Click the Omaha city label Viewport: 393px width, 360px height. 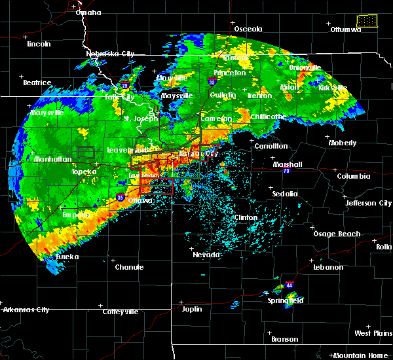(88, 12)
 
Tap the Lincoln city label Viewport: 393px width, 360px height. (39, 44)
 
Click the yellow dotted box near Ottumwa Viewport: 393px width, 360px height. (367, 21)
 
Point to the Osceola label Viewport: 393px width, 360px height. (248, 29)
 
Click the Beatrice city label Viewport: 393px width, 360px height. (37, 82)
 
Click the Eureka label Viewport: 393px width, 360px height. (66, 257)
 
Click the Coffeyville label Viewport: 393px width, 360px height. (121, 312)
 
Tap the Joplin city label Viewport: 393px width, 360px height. (192, 308)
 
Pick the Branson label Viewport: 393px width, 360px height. (285, 339)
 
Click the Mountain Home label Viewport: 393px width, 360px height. (362, 355)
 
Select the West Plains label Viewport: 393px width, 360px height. (373, 334)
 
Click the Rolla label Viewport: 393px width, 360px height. (384, 247)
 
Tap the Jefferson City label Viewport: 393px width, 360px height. (369, 203)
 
